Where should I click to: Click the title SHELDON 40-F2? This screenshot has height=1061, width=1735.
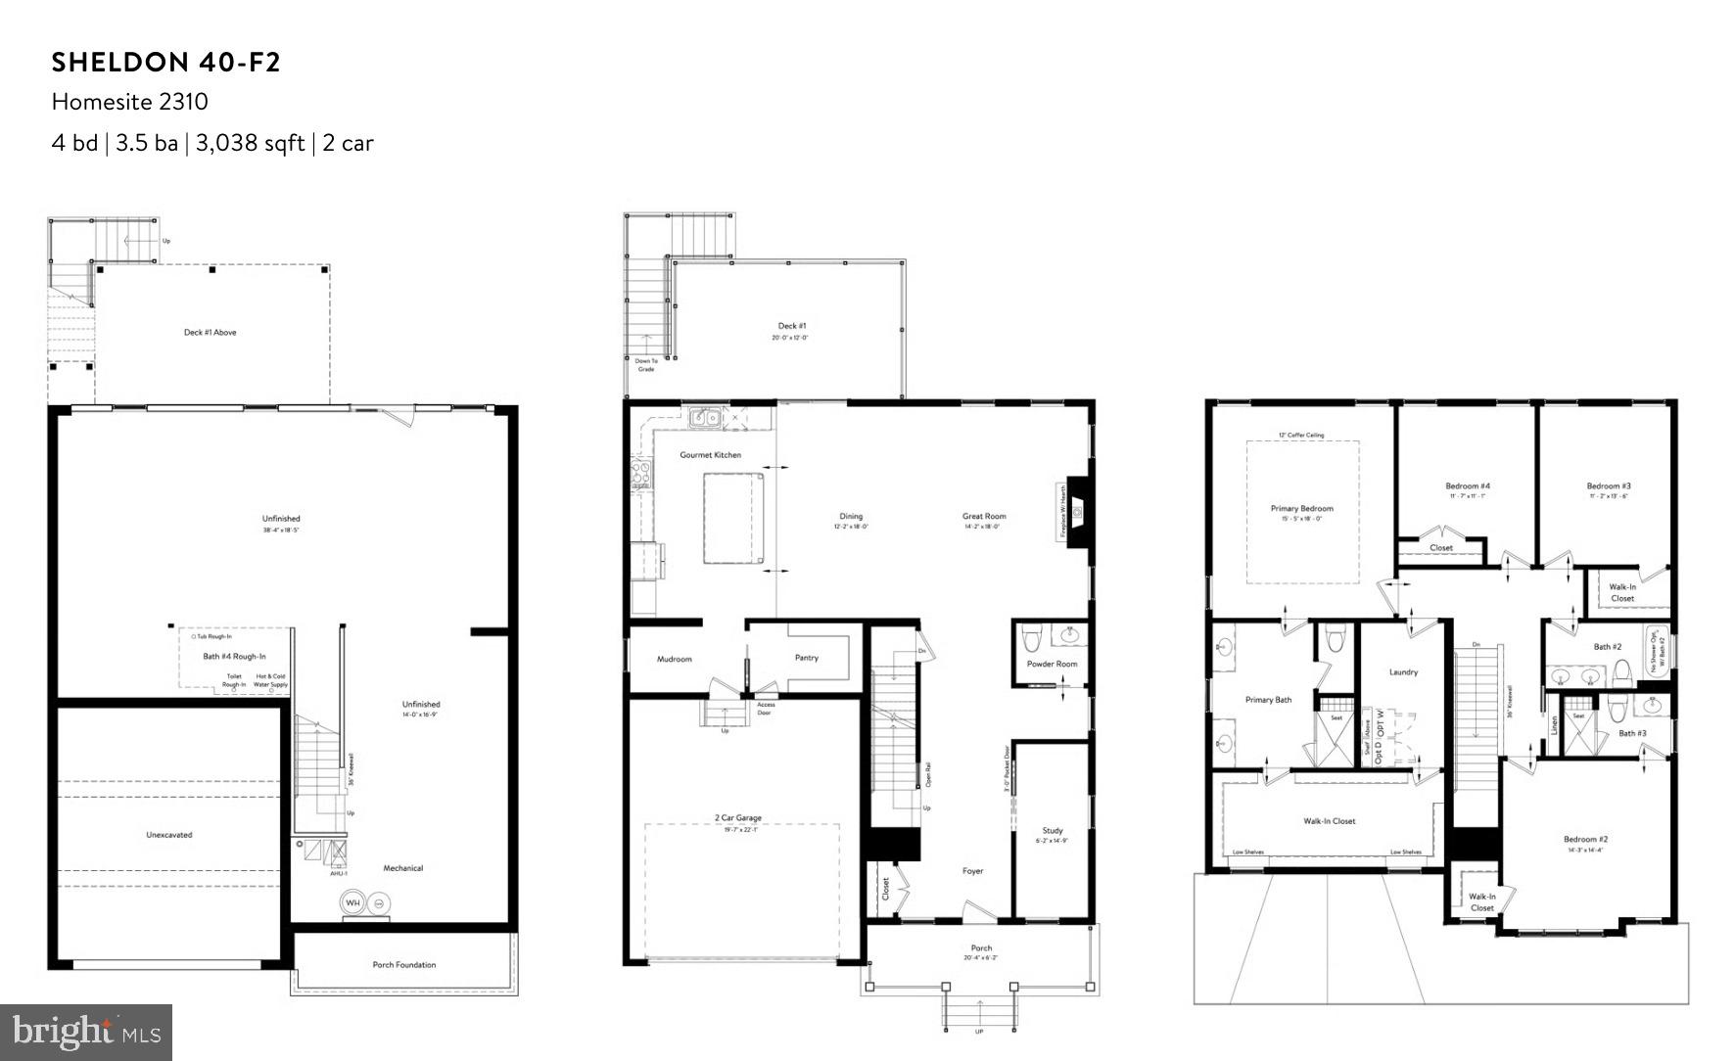point(166,63)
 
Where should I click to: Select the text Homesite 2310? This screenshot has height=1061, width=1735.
point(130,102)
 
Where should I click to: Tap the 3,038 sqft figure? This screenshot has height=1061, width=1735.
point(250,143)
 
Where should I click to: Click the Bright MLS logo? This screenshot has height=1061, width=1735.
point(86,1032)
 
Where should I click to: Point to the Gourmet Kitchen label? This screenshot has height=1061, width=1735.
point(711,455)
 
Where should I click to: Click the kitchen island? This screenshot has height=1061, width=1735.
point(733,517)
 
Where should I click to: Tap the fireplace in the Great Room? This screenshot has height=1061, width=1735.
point(1078,509)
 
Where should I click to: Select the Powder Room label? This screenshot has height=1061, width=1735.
point(1052,664)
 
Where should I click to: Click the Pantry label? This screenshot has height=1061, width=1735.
point(807,658)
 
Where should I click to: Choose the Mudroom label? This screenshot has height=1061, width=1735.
point(674,659)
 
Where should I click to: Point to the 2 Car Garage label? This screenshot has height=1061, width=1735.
point(738,818)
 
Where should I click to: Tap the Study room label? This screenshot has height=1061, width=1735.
point(1052,831)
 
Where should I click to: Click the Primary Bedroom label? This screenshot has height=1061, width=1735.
point(1301,509)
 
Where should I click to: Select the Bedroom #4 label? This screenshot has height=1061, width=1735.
point(1468,486)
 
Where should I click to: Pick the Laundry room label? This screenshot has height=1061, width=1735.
point(1403,672)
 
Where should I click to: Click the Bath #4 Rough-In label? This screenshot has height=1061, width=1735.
point(234,657)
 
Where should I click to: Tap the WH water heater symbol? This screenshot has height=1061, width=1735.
point(352,902)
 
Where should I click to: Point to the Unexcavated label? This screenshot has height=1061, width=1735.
point(169,835)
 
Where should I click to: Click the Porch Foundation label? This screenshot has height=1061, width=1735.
point(403,965)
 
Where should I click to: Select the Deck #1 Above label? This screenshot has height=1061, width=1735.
point(211,333)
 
